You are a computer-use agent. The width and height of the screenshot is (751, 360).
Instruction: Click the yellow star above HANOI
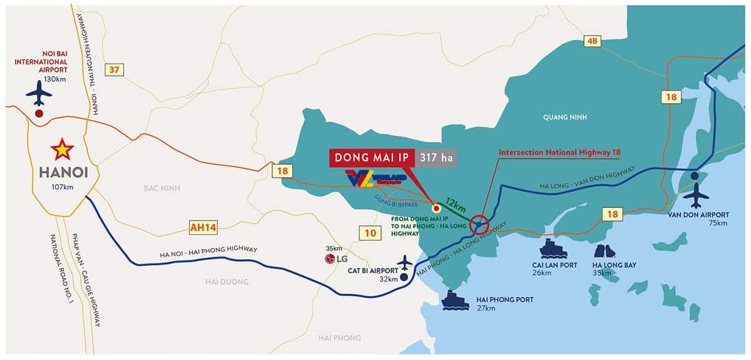coord(62,150)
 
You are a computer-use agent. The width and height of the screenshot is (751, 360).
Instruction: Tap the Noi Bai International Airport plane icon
coord(39,94)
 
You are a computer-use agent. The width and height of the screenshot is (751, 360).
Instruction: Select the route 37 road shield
coord(114,70)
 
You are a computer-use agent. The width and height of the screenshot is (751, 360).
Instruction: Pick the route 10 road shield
coord(369,234)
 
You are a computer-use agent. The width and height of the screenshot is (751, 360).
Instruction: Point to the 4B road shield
coord(591,41)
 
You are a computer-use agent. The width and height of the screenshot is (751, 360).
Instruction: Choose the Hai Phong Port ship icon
coord(455,300)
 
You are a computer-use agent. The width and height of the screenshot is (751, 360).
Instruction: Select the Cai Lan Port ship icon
coord(553,249)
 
